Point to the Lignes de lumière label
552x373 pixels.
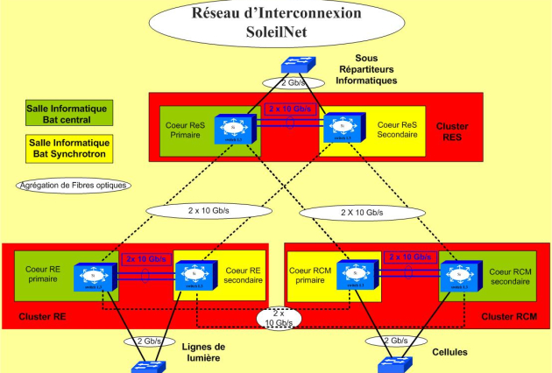tap(207, 352)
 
